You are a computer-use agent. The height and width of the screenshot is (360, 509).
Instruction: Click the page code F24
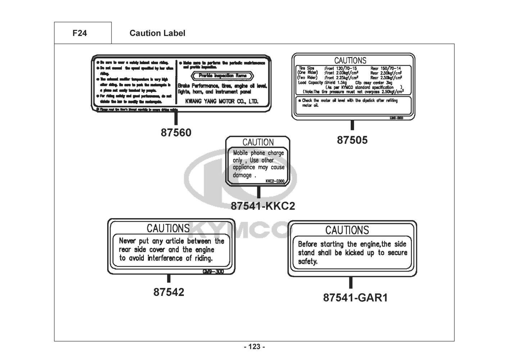(x=79, y=33)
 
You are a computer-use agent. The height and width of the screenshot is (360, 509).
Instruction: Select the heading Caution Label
(x=157, y=33)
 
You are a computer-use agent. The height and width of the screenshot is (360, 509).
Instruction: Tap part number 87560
(x=176, y=133)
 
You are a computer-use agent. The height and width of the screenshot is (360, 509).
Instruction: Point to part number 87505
(x=352, y=140)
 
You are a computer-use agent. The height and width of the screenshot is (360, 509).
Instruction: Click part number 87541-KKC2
(x=263, y=206)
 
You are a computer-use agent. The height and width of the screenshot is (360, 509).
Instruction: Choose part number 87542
(x=169, y=292)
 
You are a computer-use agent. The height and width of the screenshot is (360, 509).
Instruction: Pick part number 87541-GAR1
(x=355, y=298)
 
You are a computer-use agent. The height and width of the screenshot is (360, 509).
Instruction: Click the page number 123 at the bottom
(x=254, y=347)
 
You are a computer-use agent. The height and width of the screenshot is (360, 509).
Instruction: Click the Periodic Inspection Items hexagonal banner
(x=223, y=76)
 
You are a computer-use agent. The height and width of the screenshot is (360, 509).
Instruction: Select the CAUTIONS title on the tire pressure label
(x=350, y=60)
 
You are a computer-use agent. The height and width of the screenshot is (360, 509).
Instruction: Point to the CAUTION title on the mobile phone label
(x=258, y=142)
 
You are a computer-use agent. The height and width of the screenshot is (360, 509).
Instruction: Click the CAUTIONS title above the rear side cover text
(x=168, y=228)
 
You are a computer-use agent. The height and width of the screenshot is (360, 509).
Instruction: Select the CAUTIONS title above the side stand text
(x=347, y=230)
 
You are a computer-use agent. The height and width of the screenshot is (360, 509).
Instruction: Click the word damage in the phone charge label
(x=242, y=175)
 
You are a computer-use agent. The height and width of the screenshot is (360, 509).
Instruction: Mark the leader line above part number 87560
(x=176, y=118)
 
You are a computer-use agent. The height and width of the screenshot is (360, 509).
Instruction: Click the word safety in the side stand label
(x=308, y=262)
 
